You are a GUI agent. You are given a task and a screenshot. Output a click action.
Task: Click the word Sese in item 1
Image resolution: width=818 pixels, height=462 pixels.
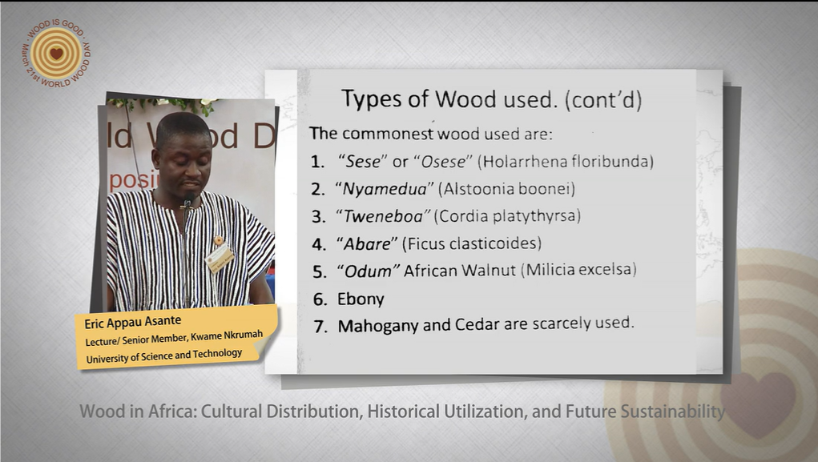click(x=363, y=162)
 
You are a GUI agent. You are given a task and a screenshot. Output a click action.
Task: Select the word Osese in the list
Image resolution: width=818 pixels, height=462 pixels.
click(x=443, y=162)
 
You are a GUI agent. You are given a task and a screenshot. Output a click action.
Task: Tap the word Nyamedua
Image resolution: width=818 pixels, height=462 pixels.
click(x=385, y=189)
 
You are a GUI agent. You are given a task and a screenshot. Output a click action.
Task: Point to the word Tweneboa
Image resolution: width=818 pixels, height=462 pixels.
click(x=384, y=216)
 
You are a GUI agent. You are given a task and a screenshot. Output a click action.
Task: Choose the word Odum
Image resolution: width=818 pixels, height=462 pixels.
click(x=368, y=271)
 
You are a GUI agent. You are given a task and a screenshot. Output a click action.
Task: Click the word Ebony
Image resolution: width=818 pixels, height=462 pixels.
click(x=361, y=299)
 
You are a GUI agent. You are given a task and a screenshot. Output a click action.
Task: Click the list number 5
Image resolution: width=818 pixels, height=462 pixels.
click(x=320, y=271)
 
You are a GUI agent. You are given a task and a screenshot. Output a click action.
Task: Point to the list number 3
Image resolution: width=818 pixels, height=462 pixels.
click(x=319, y=216)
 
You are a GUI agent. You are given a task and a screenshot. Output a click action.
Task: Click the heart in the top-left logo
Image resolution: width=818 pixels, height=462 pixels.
click(x=56, y=53)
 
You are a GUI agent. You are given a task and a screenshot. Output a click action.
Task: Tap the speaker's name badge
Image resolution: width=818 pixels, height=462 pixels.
click(x=220, y=257)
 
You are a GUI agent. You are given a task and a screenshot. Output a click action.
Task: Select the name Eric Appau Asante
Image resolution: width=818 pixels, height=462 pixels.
click(x=133, y=322)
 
